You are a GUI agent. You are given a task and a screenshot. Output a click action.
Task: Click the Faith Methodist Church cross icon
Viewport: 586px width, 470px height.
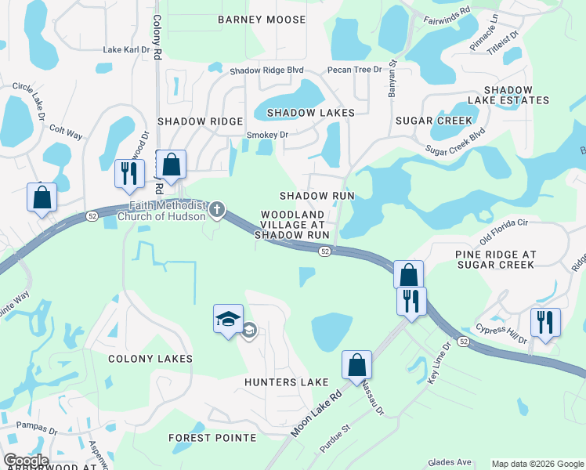(218, 209)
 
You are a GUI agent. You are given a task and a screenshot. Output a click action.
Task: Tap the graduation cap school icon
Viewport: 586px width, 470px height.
(228, 320)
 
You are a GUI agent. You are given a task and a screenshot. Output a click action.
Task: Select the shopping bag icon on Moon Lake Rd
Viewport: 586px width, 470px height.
(356, 364)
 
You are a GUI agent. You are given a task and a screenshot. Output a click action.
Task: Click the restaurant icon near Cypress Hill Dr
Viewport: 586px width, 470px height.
(545, 322)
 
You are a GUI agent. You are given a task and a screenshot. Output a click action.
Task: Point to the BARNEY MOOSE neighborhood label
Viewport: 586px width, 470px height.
(262, 19)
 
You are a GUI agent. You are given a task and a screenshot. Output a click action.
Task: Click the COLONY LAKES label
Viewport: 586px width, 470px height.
(150, 359)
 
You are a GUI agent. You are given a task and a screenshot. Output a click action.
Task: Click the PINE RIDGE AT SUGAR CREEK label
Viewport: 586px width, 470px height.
(496, 260)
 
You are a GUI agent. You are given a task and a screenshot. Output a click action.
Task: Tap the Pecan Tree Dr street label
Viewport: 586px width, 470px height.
(355, 70)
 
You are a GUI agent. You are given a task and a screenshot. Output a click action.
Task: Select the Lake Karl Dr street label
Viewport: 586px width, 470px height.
(126, 50)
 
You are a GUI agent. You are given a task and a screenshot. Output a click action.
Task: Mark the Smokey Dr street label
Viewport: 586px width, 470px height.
(268, 135)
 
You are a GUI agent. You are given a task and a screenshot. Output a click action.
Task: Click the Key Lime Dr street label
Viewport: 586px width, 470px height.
(438, 362)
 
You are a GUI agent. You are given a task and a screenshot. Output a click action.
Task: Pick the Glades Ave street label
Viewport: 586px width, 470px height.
(449, 463)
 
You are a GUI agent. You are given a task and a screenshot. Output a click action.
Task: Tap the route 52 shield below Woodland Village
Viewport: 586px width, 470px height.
(324, 251)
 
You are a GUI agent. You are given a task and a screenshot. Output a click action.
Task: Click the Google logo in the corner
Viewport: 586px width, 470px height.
(26, 461)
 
